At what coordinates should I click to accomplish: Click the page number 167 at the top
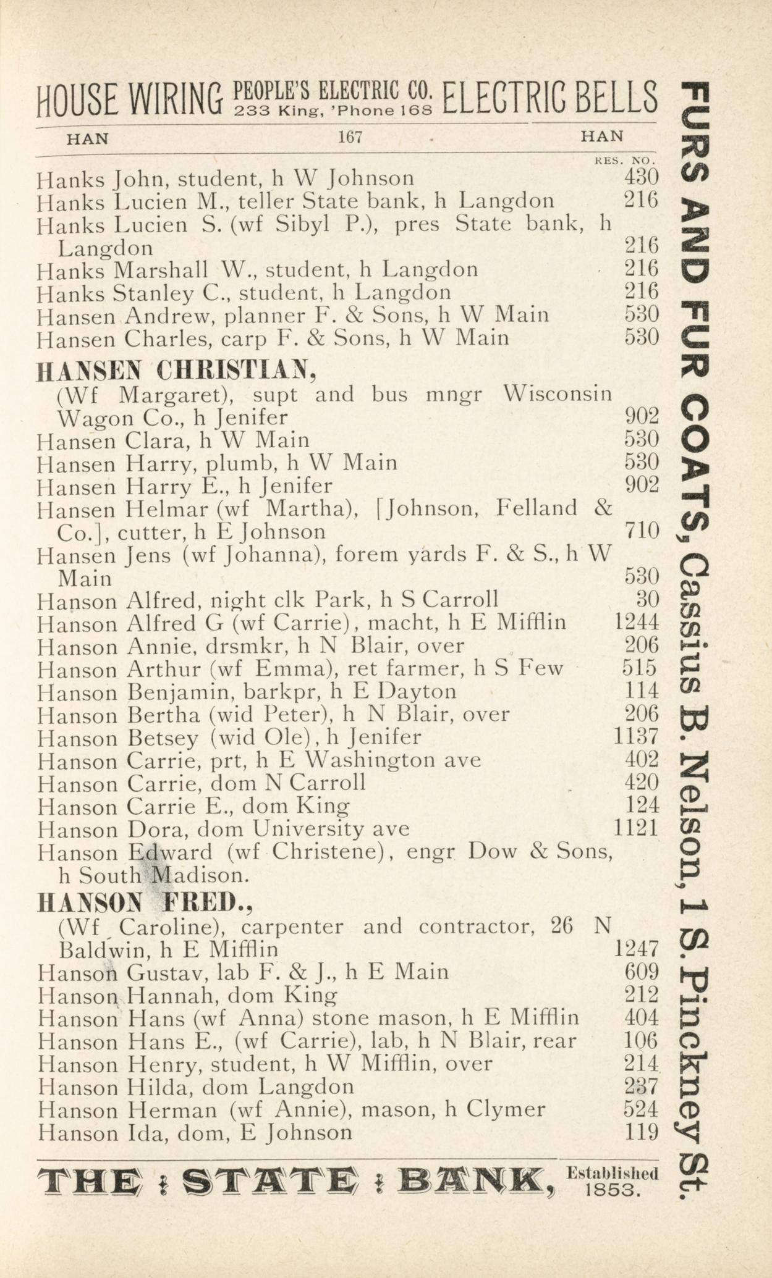pyautogui.click(x=349, y=137)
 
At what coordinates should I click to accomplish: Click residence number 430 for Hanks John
pyautogui.click(x=641, y=178)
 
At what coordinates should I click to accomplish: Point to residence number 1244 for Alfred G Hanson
pyautogui.click(x=637, y=622)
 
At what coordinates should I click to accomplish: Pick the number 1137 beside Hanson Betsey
pyautogui.click(x=637, y=736)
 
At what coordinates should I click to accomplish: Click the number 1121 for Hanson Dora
pyautogui.click(x=637, y=828)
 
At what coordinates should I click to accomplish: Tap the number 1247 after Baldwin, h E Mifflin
pyautogui.click(x=637, y=948)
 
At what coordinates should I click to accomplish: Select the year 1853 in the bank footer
pyautogui.click(x=611, y=1190)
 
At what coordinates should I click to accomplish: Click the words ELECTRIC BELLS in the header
pyautogui.click(x=549, y=99)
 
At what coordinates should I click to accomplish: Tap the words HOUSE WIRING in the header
pyautogui.click(x=129, y=100)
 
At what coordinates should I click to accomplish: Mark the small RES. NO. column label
pyautogui.click(x=624, y=161)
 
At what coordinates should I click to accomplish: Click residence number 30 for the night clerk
pyautogui.click(x=647, y=599)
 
